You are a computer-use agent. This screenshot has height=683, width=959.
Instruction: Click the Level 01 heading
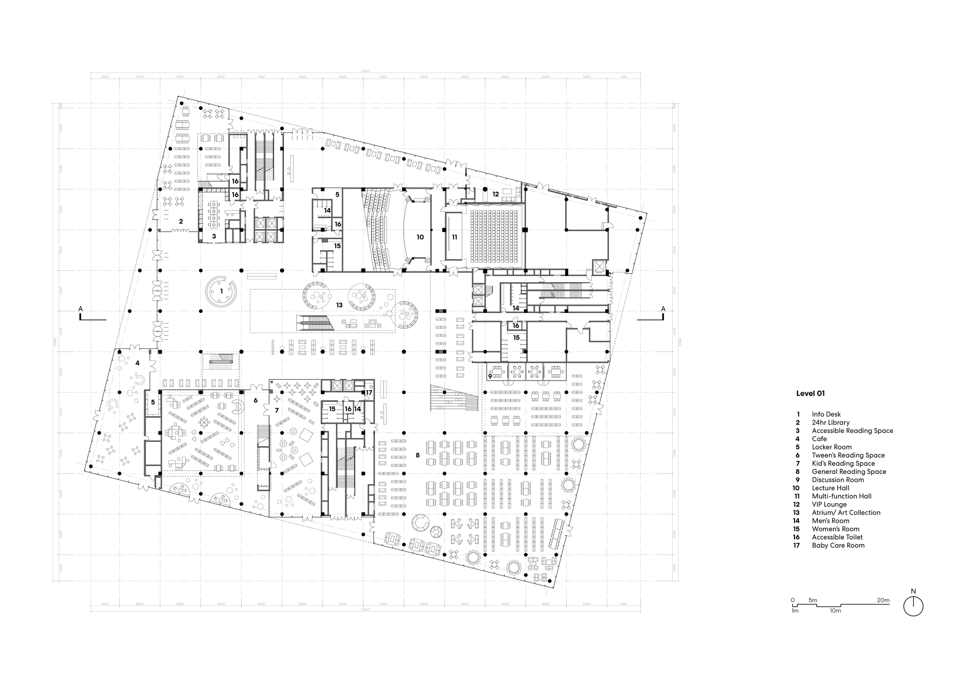click(x=810, y=394)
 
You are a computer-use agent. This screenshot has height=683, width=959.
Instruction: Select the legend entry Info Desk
click(x=826, y=414)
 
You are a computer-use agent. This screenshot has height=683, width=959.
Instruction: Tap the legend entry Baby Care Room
click(x=838, y=545)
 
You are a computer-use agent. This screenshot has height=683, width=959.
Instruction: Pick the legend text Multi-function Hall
click(x=842, y=496)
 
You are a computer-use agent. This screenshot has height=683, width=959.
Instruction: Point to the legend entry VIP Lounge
click(x=829, y=504)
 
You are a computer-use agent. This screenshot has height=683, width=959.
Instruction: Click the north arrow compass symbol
click(x=913, y=606)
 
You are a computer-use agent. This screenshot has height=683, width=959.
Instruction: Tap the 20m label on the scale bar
click(x=883, y=600)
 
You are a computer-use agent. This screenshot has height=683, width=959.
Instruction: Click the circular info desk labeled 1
click(x=221, y=291)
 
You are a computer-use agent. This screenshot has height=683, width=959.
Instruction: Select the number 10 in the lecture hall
click(x=420, y=237)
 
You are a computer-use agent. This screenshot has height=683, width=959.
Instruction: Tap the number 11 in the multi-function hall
click(x=454, y=237)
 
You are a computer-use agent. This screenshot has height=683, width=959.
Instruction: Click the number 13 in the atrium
click(x=339, y=305)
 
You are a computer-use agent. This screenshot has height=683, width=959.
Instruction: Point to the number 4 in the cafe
click(x=138, y=363)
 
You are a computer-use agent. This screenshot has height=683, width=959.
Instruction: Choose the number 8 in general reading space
click(x=418, y=455)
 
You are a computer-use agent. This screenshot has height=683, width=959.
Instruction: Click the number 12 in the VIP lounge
click(x=495, y=194)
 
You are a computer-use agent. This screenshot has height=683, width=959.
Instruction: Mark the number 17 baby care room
click(x=369, y=393)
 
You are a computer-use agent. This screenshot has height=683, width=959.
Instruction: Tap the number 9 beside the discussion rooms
click(x=490, y=377)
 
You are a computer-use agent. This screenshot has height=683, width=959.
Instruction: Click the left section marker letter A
click(x=81, y=309)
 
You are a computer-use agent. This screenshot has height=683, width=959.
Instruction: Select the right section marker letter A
click(x=663, y=309)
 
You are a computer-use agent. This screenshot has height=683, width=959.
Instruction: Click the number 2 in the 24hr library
click(x=181, y=221)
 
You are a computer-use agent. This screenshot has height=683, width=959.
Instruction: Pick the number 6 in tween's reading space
click(x=256, y=400)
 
